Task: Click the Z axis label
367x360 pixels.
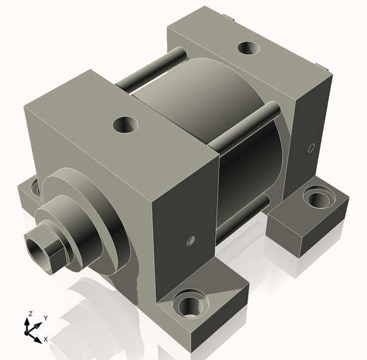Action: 30,313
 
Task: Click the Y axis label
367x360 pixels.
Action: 46,318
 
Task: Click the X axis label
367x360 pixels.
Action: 46,339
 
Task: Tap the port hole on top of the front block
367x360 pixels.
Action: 125,124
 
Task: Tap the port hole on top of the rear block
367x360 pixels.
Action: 248,48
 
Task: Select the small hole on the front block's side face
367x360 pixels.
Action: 190,241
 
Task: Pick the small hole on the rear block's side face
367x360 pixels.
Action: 311,148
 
